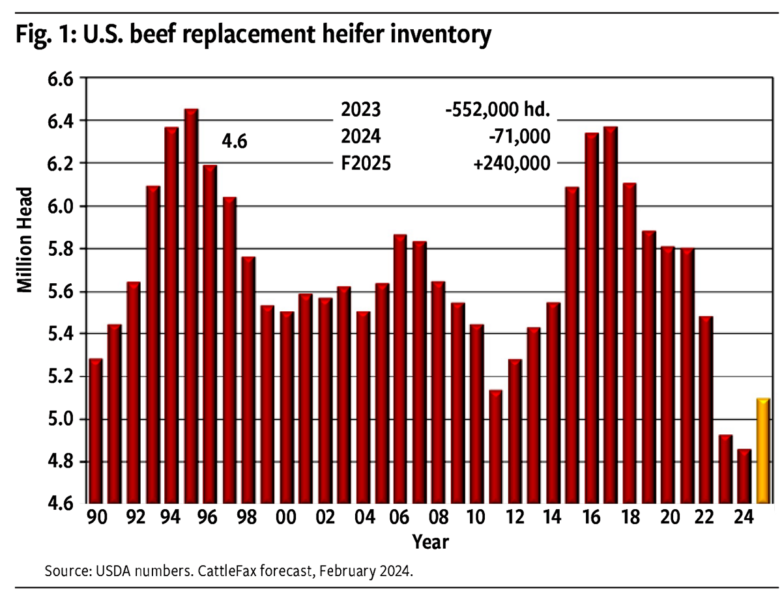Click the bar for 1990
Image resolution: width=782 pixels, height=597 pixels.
point(95,430)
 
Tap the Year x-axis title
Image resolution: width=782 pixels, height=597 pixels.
point(429,542)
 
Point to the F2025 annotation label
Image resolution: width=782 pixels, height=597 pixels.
point(366,163)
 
